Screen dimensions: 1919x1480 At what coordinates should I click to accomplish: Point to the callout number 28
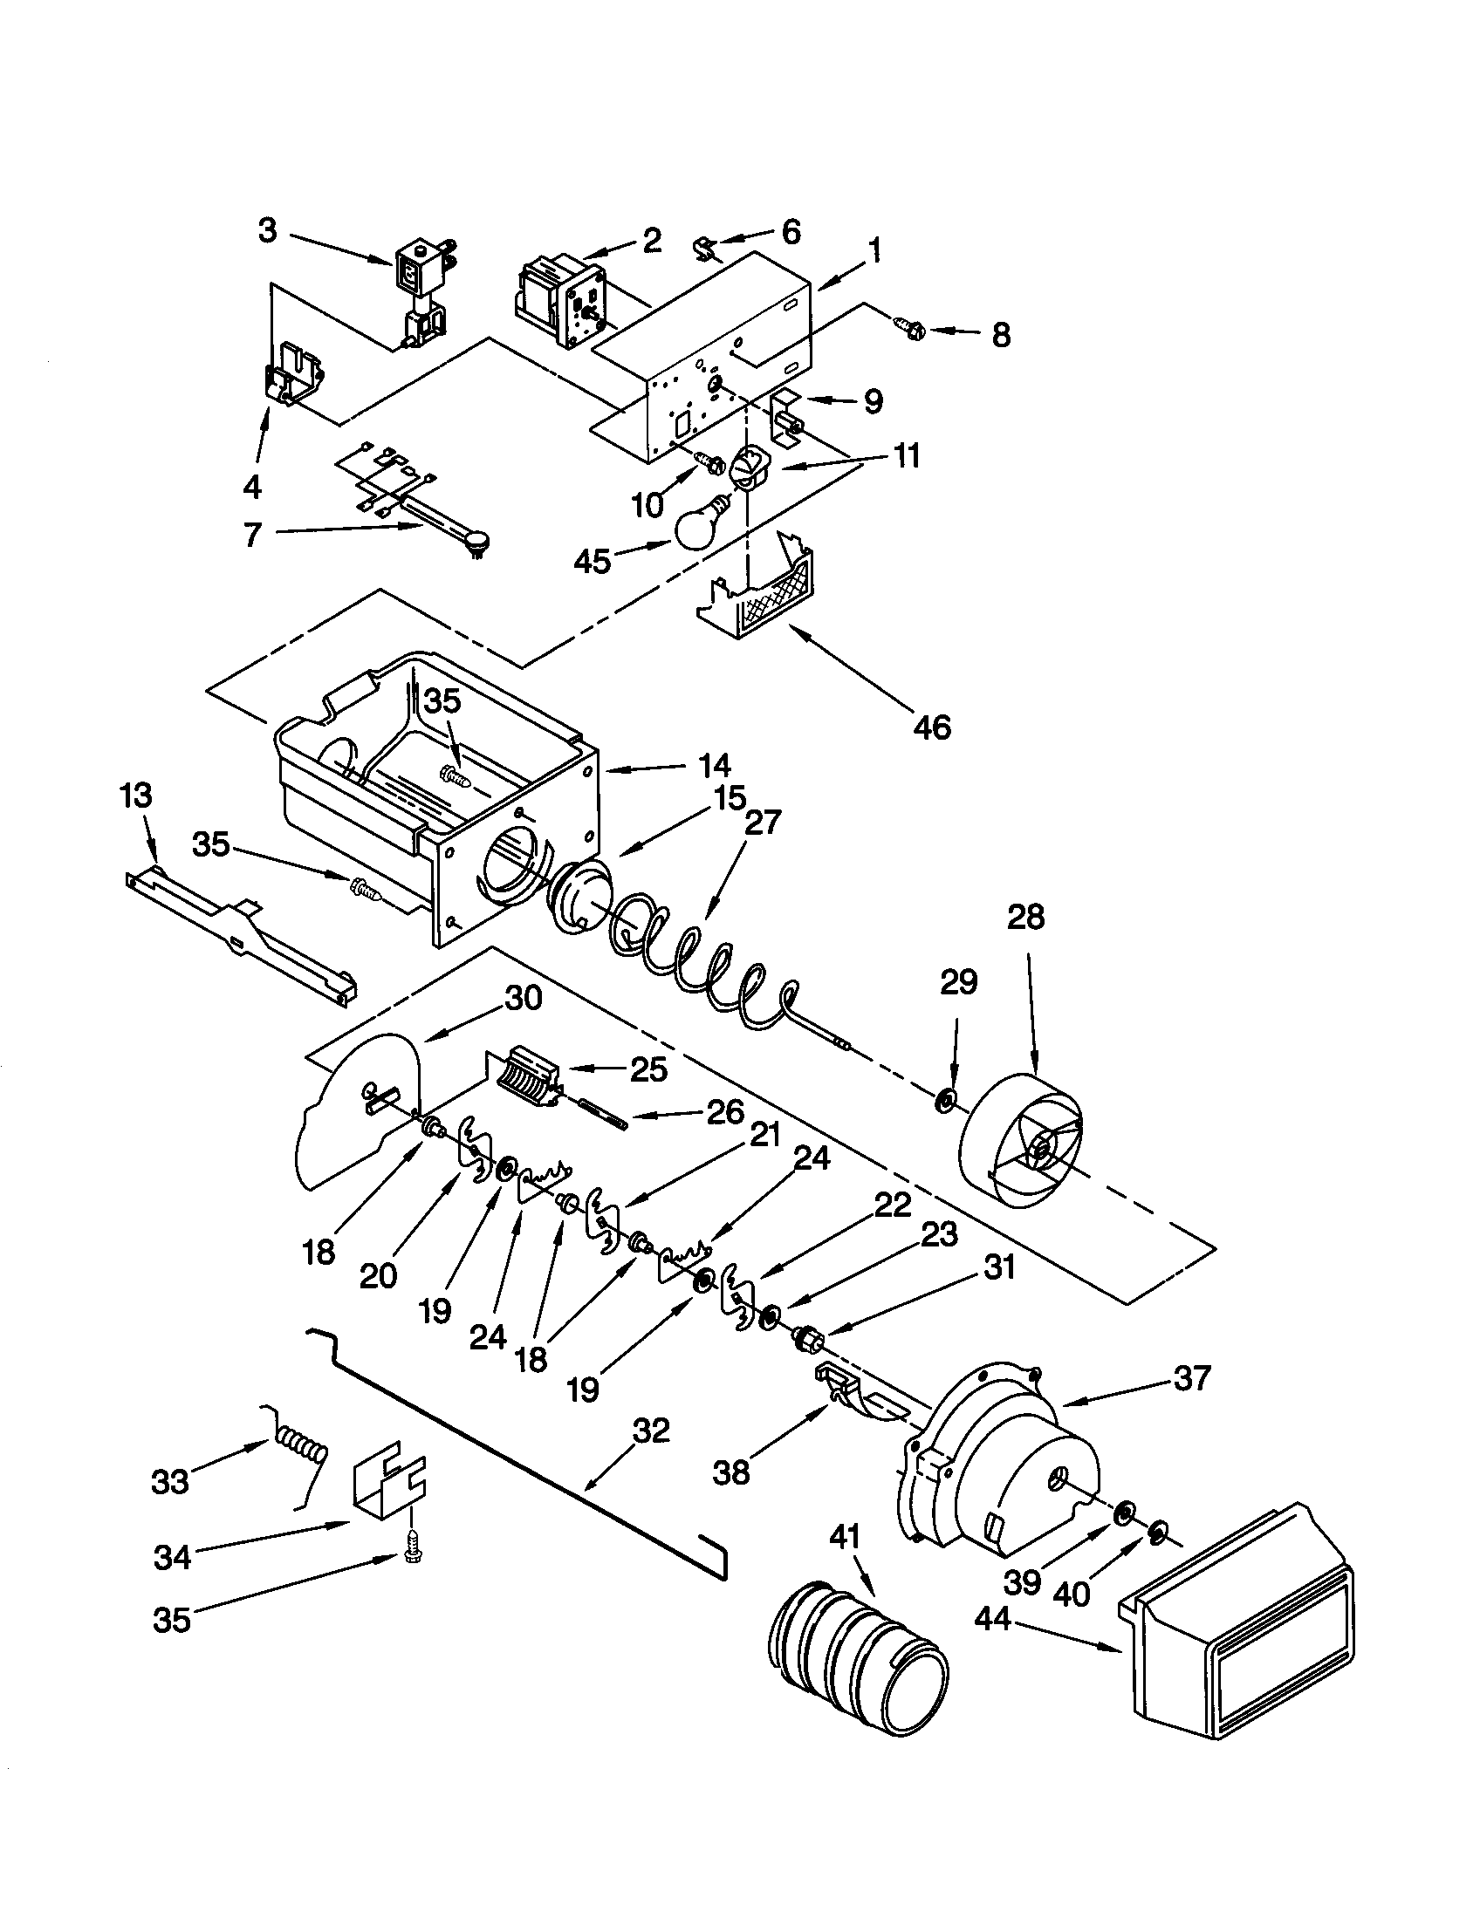(x=1025, y=918)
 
